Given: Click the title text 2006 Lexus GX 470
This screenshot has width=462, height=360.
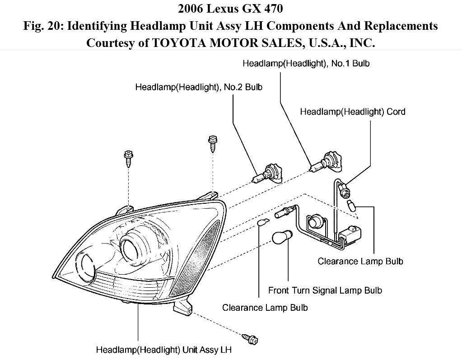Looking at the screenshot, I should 231,9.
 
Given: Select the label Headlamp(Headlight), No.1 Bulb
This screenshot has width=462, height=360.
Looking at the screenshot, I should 306,64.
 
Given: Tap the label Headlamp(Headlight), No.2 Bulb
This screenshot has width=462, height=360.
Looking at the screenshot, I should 199,87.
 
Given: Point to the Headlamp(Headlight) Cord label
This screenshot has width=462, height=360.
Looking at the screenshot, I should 353,112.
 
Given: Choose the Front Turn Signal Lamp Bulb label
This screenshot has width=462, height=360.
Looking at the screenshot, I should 325,290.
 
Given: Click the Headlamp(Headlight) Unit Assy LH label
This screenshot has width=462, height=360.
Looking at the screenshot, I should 166,350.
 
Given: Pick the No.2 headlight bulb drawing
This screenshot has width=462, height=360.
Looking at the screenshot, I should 269,173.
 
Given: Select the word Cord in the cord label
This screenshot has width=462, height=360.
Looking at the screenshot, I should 396,112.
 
